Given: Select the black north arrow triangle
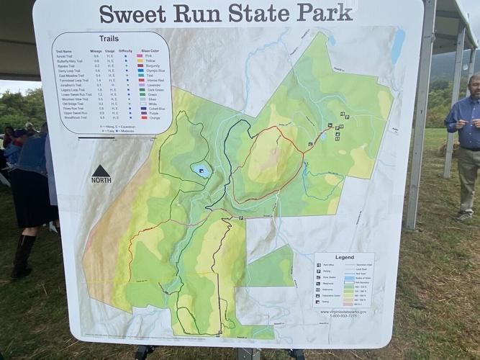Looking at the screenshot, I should (101, 171).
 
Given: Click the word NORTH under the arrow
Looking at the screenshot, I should (101, 180).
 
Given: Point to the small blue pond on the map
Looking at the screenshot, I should (201, 171).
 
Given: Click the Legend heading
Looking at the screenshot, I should (344, 257).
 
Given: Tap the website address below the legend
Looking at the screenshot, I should (345, 312).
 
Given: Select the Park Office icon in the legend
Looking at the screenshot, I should (320, 265).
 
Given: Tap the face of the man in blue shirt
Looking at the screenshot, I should (475, 85).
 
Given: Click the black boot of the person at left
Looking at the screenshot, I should (22, 259).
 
